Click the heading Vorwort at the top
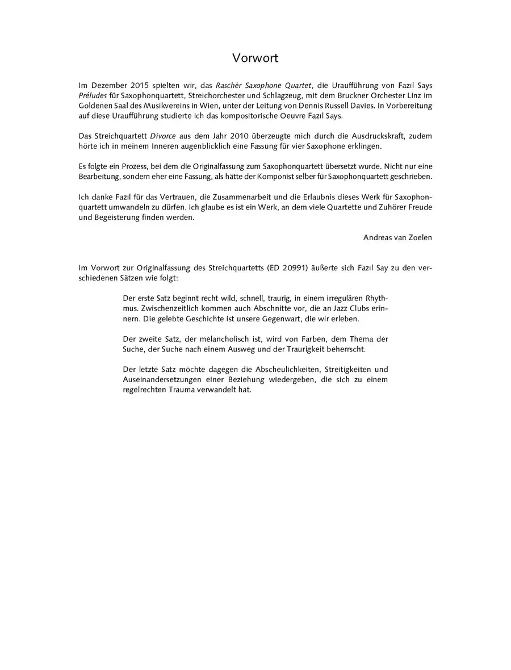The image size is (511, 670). tap(256, 58)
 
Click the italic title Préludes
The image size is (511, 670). tap(93, 95)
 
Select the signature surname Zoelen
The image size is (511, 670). tap(419, 237)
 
